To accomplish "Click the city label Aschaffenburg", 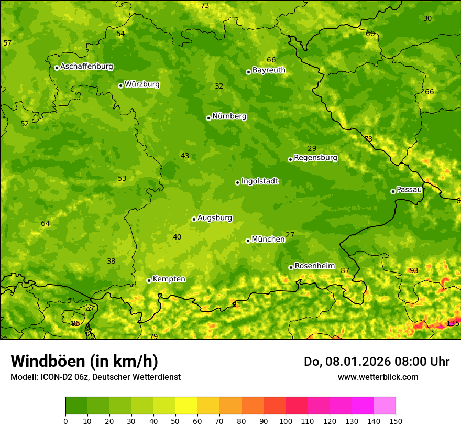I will click(x=86, y=67).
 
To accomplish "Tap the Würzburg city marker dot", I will click(x=120, y=85).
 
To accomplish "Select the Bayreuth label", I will click(x=269, y=70).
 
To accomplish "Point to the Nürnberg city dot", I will click(x=208, y=118).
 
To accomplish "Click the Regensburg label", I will click(x=315, y=158).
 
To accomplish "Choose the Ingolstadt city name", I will click(x=259, y=181).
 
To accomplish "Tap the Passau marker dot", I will click(x=393, y=191).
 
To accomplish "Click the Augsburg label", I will click(x=215, y=218).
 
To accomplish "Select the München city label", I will click(x=268, y=240).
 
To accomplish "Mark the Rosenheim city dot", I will click(x=291, y=267).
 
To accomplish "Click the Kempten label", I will click(x=169, y=279).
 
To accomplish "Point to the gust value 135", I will click(x=453, y=323).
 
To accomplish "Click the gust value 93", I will click(x=414, y=270).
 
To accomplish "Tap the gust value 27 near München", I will click(x=290, y=235).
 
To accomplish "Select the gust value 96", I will click(x=75, y=323).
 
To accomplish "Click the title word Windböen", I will click(x=48, y=361).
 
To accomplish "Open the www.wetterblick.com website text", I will click(x=378, y=377).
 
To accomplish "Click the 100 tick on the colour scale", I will click(x=286, y=421).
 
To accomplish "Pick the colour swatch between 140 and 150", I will click(x=385, y=406).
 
